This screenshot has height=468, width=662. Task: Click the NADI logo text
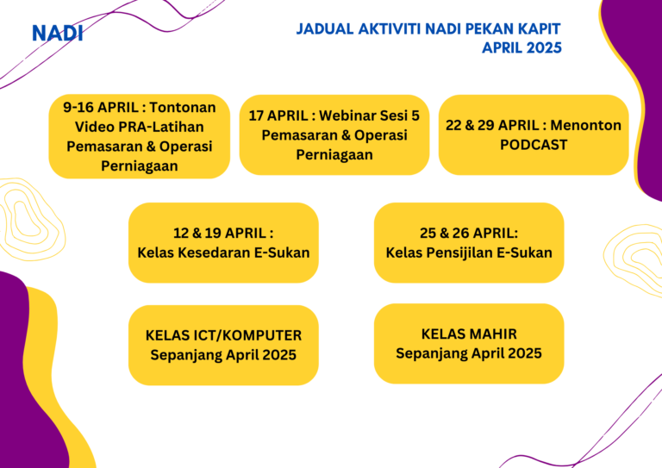coord(58,34)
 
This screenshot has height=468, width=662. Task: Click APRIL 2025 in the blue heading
coord(521,47)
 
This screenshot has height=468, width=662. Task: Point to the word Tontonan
coord(183,107)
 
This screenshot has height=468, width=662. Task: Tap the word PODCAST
coord(534,145)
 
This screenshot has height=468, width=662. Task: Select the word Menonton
coord(585,125)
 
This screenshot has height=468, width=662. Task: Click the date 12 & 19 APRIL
coord(220,233)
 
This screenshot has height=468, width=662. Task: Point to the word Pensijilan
coord(459,253)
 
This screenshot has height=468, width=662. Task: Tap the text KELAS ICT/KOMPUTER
coord(224,335)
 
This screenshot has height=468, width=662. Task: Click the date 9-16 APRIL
coord(101,107)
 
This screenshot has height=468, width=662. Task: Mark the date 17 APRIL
coord(278,115)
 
